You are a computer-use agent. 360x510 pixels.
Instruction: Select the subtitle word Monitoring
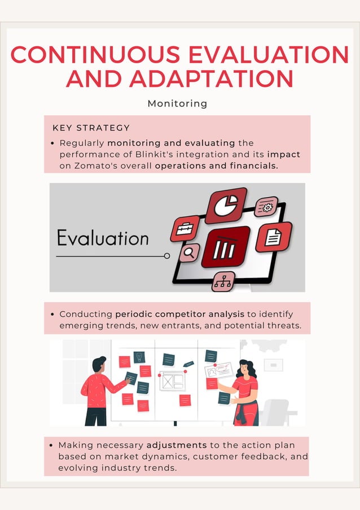click(x=177, y=104)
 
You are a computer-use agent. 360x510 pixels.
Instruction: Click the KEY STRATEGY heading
click(x=91, y=128)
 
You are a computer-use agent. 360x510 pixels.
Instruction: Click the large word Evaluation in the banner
click(x=103, y=238)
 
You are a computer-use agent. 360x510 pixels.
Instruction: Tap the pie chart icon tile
click(x=226, y=204)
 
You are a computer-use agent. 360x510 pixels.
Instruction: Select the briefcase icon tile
click(x=185, y=229)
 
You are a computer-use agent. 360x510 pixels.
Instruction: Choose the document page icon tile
click(x=274, y=237)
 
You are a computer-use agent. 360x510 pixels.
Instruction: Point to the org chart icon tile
click(x=223, y=281)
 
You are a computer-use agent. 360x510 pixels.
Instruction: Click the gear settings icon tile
click(x=266, y=207)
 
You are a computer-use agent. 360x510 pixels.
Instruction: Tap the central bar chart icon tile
click(x=225, y=247)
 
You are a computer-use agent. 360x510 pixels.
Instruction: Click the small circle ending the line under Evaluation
click(x=167, y=256)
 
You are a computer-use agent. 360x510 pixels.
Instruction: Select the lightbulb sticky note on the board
click(x=139, y=357)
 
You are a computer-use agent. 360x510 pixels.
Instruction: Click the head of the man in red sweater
click(x=99, y=364)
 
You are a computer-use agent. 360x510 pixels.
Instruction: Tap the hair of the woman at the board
click(x=247, y=367)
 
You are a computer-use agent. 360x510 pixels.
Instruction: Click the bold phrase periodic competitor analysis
click(x=180, y=314)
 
